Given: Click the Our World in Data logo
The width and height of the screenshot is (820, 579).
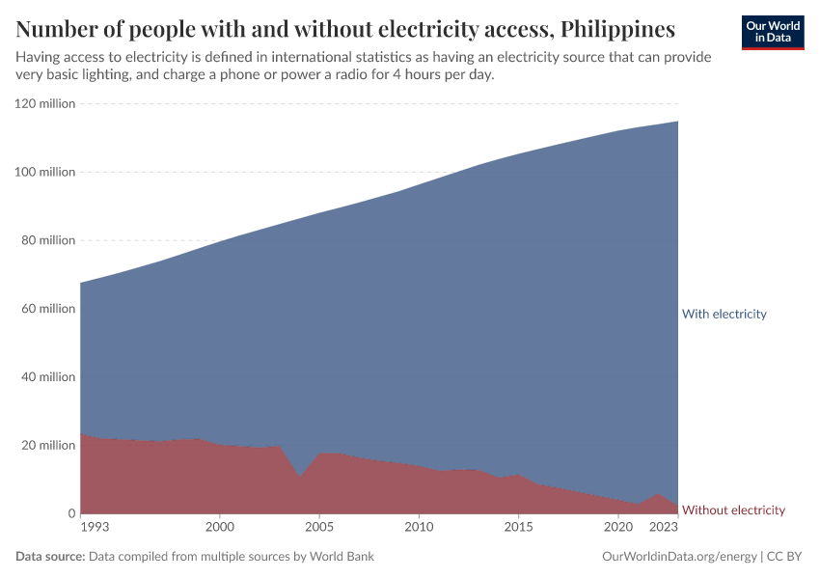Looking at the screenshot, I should click(x=772, y=32).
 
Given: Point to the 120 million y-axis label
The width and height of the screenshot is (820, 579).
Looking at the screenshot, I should click(x=45, y=103).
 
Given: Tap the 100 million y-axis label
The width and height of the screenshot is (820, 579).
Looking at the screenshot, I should click(x=45, y=172).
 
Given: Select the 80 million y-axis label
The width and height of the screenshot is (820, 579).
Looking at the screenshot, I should click(x=48, y=240).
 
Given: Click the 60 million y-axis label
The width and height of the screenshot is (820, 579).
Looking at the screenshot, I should click(x=48, y=309).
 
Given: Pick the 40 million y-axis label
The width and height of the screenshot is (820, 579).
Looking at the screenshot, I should click(x=48, y=377).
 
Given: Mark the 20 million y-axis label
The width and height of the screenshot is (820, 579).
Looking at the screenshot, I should click(x=48, y=446).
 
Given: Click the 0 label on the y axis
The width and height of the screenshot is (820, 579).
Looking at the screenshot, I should click(x=70, y=513).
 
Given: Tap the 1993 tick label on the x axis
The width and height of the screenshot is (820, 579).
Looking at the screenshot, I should click(x=95, y=528).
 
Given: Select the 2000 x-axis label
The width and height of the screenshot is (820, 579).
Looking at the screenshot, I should click(x=220, y=528).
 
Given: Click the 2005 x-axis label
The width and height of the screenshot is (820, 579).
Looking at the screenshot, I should click(x=319, y=528).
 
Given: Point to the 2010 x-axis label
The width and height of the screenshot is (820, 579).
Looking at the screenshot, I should click(x=419, y=528).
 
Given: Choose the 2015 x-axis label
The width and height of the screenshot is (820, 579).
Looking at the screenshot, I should click(x=518, y=528).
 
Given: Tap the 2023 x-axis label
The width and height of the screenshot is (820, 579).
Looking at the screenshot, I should click(x=664, y=528).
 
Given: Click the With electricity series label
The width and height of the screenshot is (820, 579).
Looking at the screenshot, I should click(x=724, y=314).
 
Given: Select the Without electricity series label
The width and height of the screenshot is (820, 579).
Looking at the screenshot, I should click(x=733, y=510).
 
